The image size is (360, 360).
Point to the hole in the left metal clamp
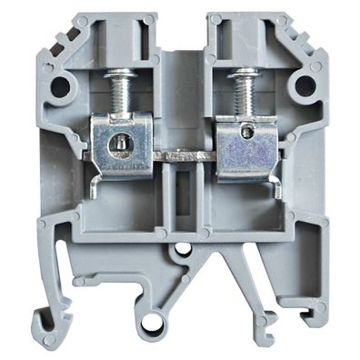[115, 143]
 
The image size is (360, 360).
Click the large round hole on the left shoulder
[63, 87]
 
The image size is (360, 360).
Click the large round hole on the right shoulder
[304, 86]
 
